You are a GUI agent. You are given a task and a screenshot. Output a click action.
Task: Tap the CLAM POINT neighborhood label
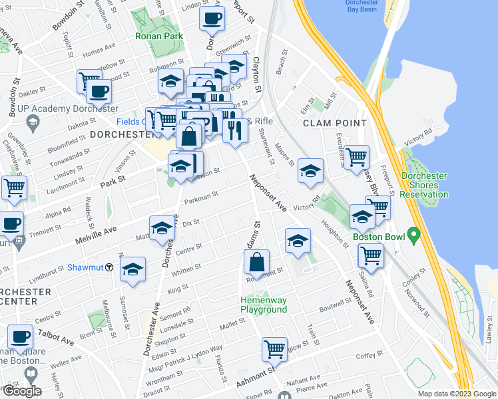click(x=335, y=123)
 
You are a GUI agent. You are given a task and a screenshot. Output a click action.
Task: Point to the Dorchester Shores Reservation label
click(x=425, y=186)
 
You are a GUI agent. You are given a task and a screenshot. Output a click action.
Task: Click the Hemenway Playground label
click(x=264, y=305)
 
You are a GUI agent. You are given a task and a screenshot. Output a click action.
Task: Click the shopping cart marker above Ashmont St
click(x=274, y=348)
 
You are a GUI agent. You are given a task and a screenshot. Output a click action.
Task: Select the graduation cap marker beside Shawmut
click(x=132, y=270)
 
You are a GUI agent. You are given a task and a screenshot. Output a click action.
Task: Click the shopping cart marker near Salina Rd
click(x=370, y=255)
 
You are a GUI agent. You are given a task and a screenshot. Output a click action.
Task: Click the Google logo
click(x=23, y=391)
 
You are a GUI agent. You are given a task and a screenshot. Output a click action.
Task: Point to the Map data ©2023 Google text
click(x=457, y=394)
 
